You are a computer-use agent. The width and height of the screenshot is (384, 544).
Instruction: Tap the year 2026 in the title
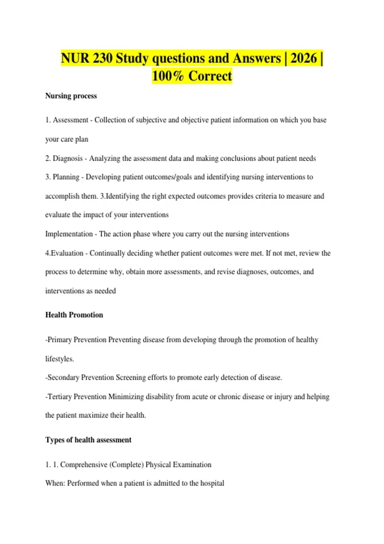pyautogui.click(x=303, y=58)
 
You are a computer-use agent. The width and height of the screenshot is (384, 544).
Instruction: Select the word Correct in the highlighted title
pyautogui.click(x=210, y=76)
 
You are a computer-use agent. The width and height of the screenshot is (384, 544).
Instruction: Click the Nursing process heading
pyautogui.click(x=71, y=96)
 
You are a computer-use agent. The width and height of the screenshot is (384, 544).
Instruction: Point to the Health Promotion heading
pyautogui.click(x=74, y=315)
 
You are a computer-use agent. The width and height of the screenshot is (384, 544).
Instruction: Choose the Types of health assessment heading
pyautogui.click(x=88, y=440)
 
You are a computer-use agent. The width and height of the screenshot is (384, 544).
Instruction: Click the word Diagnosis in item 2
pyautogui.click(x=68, y=158)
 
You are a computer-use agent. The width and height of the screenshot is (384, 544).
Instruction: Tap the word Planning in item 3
pyautogui.click(x=66, y=177)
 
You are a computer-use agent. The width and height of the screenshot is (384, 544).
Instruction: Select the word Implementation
pyautogui.click(x=69, y=234)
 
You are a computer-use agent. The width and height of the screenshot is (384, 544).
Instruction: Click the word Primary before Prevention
pyautogui.click(x=60, y=340)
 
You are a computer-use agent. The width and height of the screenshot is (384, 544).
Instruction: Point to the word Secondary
pyautogui.click(x=63, y=378)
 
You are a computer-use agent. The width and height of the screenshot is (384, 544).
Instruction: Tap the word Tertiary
pyautogui.click(x=60, y=397)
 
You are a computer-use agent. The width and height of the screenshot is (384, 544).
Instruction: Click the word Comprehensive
pyautogui.click(x=84, y=465)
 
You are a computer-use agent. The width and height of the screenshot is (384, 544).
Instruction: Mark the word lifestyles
pyautogui.click(x=60, y=359)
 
